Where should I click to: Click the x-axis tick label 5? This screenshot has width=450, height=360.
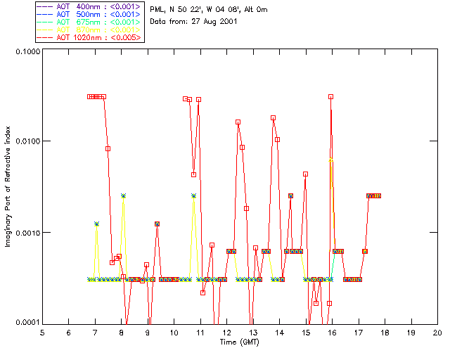pyautogui.click(x=42, y=332)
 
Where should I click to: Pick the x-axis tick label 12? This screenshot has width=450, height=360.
pyautogui.click(x=226, y=332)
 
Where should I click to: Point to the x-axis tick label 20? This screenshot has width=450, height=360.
pyautogui.click(x=437, y=332)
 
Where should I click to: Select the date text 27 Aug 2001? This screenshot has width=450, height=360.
pyautogui.click(x=212, y=22)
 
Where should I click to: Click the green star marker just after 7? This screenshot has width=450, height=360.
pyautogui.click(x=97, y=224)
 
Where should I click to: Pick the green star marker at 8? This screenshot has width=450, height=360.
pyautogui.click(x=123, y=195)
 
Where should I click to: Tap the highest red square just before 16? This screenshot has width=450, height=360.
pyautogui.click(x=330, y=96)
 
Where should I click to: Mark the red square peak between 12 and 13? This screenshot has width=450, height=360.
pyautogui.click(x=238, y=122)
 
